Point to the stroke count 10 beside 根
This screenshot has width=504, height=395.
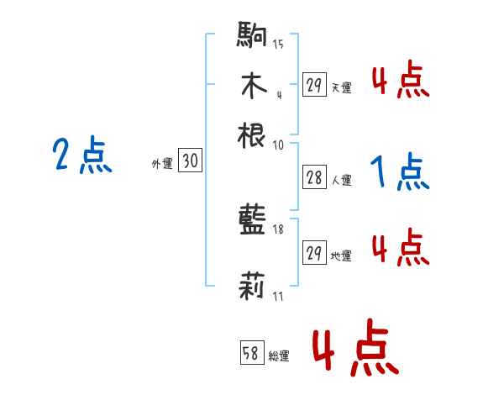(x=279, y=144)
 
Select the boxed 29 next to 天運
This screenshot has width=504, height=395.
(x=314, y=86)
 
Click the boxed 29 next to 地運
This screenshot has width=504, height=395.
(x=314, y=253)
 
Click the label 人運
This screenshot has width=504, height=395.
(x=342, y=179)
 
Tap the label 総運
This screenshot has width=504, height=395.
(x=279, y=355)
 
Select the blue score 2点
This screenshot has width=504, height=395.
(x=82, y=156)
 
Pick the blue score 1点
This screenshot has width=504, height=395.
(x=400, y=173)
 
